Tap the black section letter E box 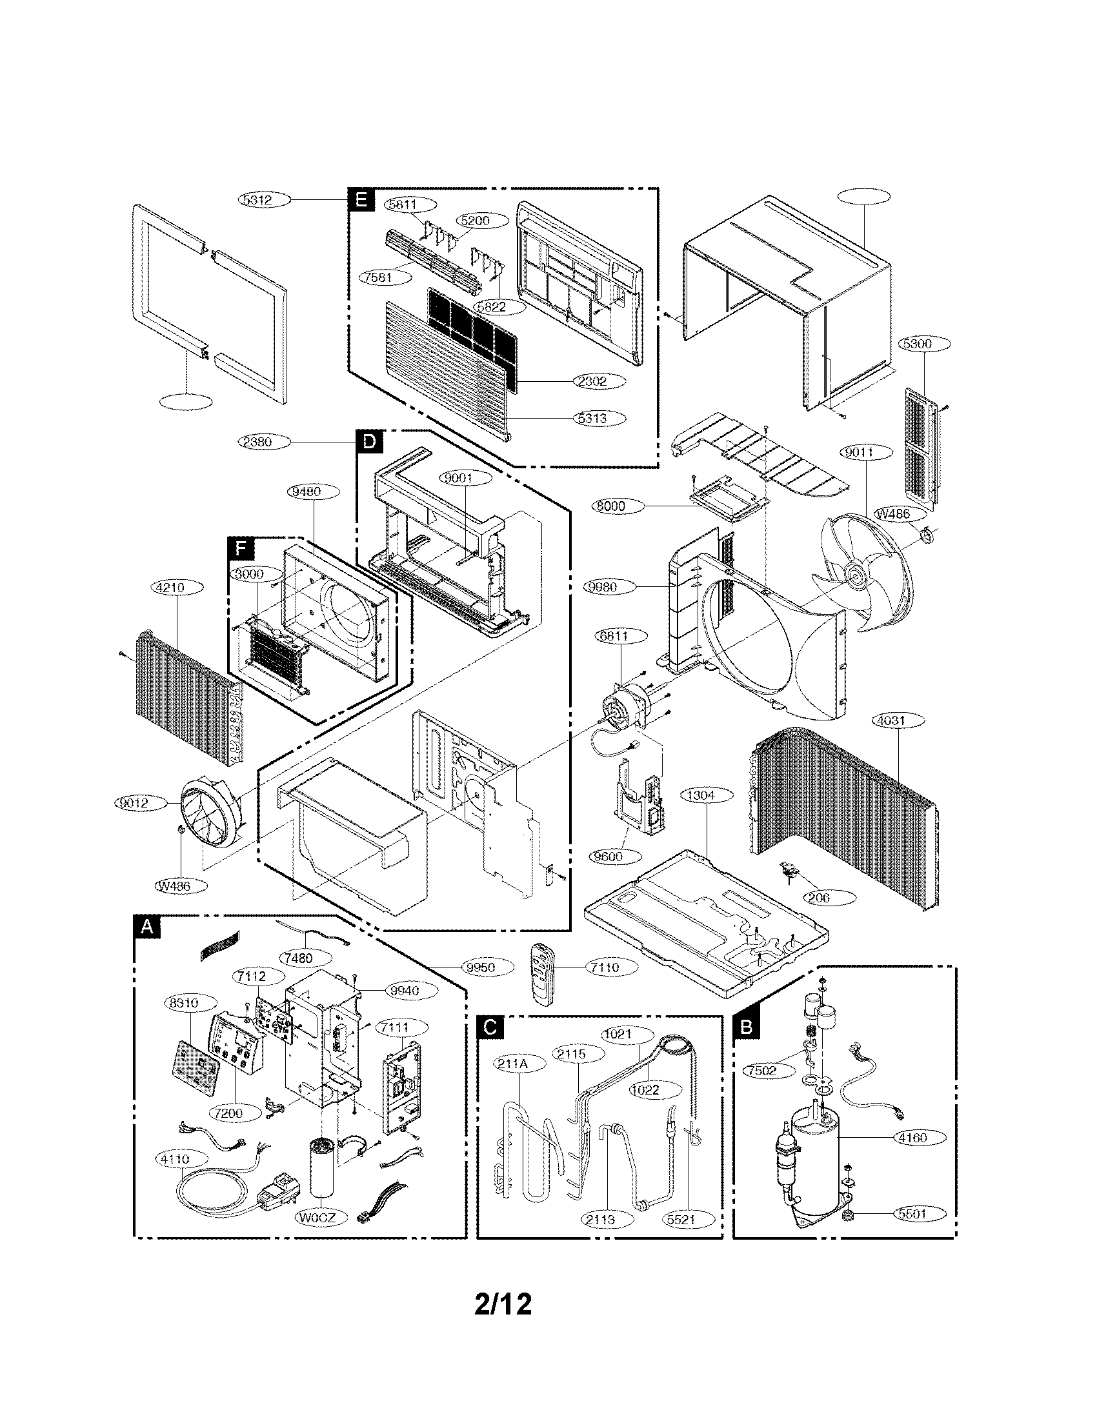pyautogui.click(x=361, y=200)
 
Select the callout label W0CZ pyautogui.click(x=317, y=1217)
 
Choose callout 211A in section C pyautogui.click(x=519, y=1064)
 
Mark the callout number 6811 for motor pyautogui.click(x=614, y=636)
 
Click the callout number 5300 pyautogui.click(x=917, y=343)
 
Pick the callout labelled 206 pyautogui.click(x=820, y=898)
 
